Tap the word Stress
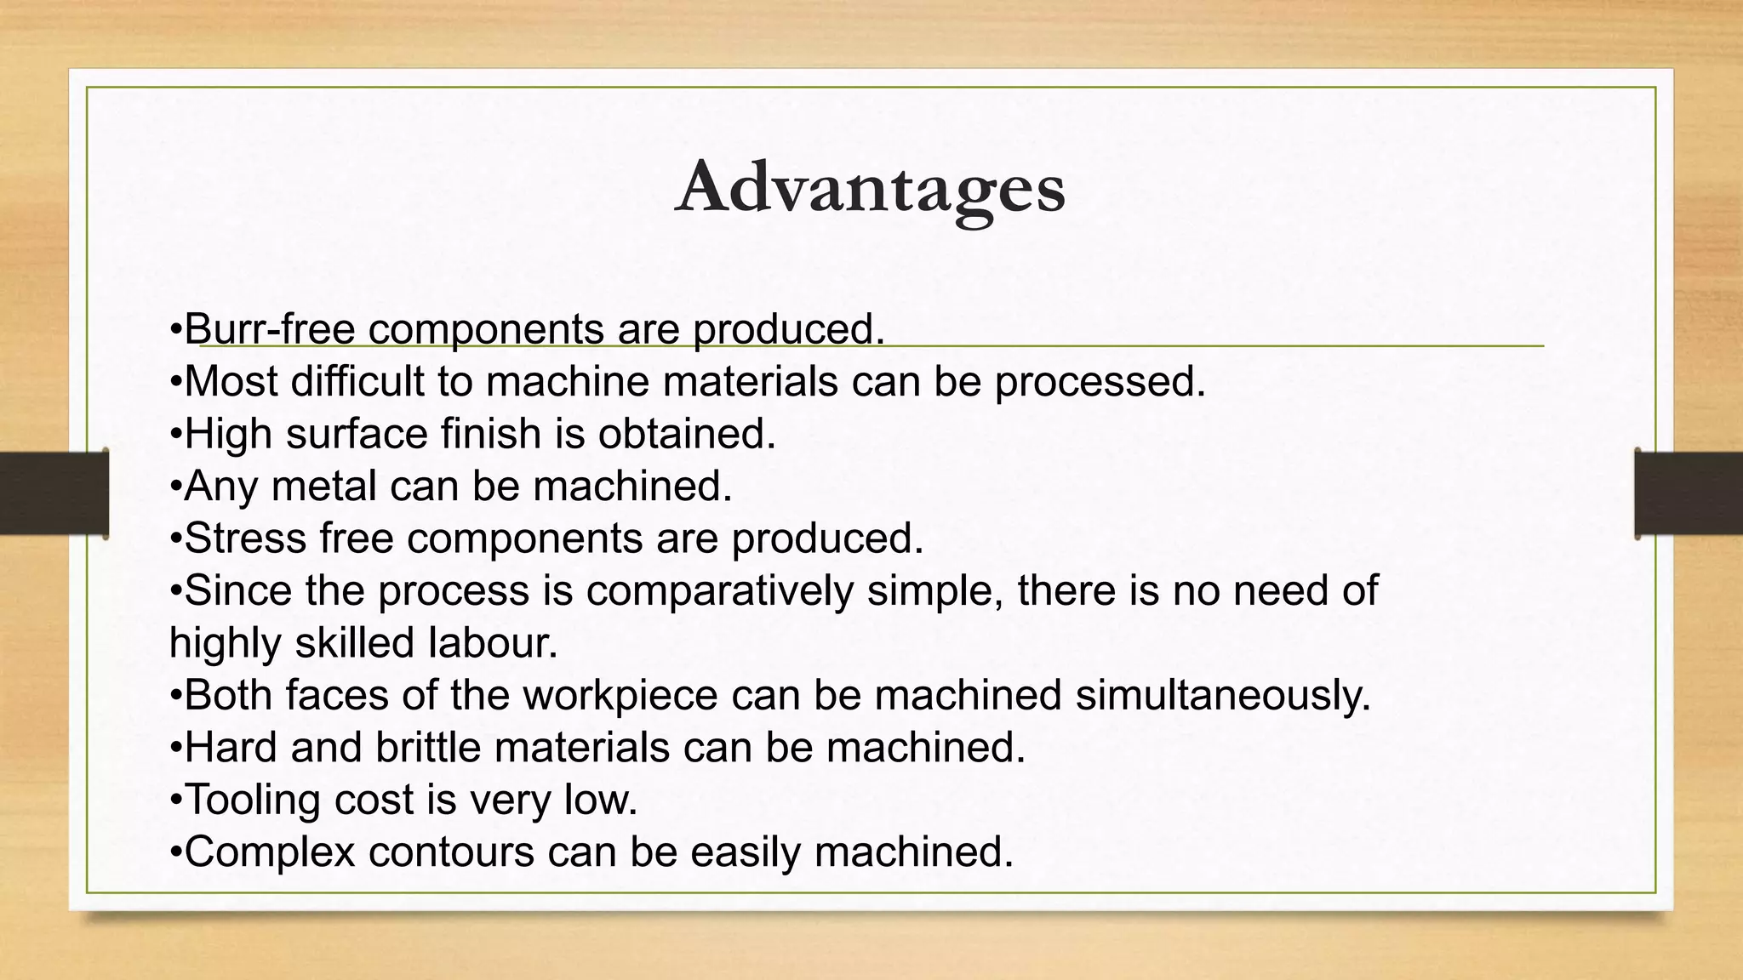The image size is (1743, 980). tap(245, 538)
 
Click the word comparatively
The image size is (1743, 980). tap(719, 590)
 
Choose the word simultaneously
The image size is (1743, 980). tap(1223, 695)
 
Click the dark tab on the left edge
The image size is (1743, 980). tap(54, 493)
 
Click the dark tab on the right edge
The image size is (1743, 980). tap(1689, 493)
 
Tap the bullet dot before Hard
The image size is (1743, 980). tap(175, 749)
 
